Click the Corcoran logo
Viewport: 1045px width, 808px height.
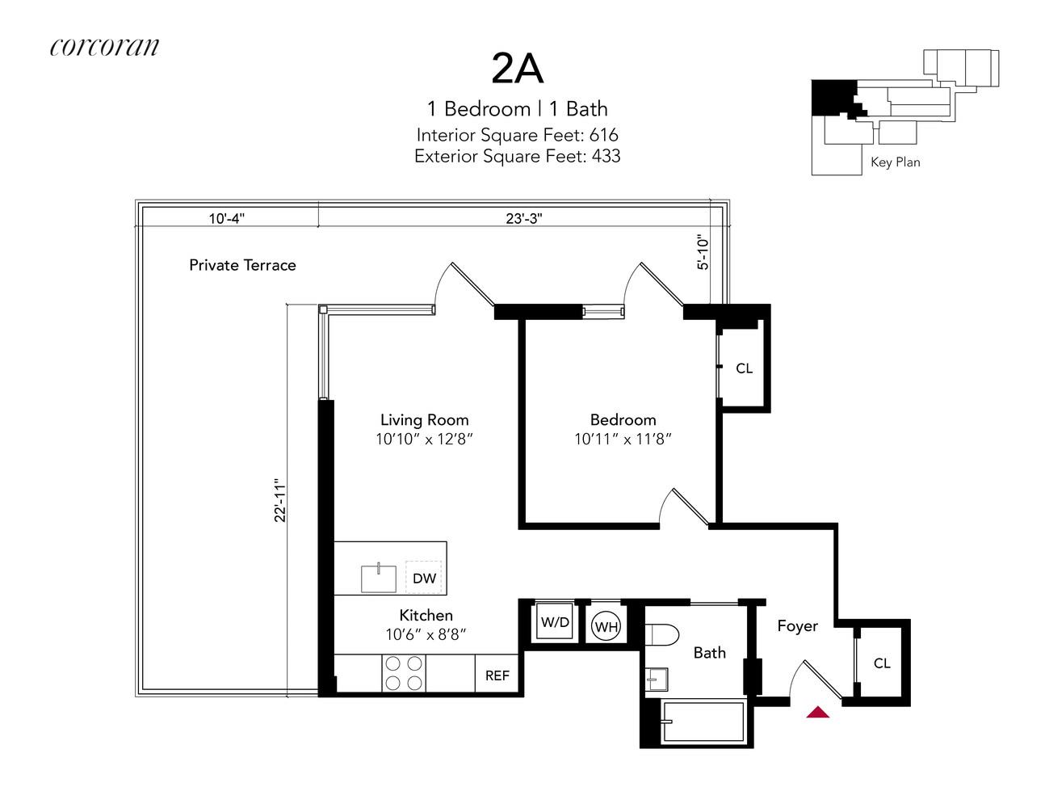104,47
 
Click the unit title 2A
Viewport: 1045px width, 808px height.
518,69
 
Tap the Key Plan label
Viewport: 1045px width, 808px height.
895,162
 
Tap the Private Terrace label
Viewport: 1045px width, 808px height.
242,265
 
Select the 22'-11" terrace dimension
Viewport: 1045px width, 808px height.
280,499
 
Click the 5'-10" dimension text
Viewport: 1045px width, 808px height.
703,251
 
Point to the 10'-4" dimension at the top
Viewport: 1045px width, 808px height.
227,218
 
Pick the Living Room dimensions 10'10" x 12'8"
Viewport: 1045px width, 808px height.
424,440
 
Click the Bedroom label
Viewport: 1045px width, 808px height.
623,420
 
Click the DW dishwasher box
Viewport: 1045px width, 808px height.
424,578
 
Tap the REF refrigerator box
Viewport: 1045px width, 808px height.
497,675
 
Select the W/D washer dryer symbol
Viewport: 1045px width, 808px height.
555,622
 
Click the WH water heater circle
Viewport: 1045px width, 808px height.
606,626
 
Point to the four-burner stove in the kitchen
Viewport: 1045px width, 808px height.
404,673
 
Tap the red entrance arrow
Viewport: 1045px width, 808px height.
818,712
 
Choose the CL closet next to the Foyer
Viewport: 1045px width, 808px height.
882,663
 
